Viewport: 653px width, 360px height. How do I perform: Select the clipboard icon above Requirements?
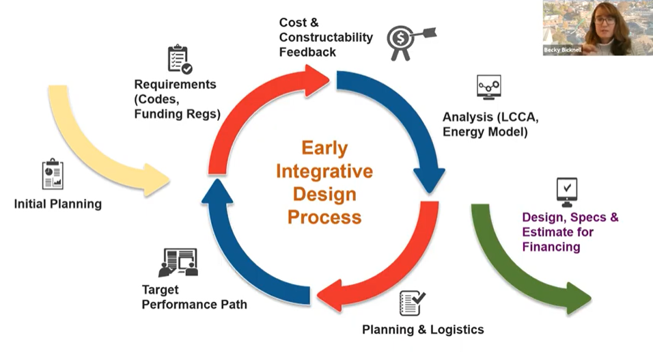tap(179, 59)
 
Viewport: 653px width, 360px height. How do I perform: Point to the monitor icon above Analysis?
tap(488, 88)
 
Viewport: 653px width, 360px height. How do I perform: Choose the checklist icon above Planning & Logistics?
tap(412, 303)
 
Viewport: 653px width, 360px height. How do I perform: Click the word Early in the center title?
tap(324, 148)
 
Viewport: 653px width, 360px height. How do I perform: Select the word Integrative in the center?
tap(324, 171)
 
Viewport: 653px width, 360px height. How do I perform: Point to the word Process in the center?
tap(324, 217)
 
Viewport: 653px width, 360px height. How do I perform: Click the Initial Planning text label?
tap(57, 204)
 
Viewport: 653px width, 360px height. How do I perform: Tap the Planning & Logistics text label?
tap(423, 330)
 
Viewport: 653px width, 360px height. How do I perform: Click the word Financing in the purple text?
tap(551, 247)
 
